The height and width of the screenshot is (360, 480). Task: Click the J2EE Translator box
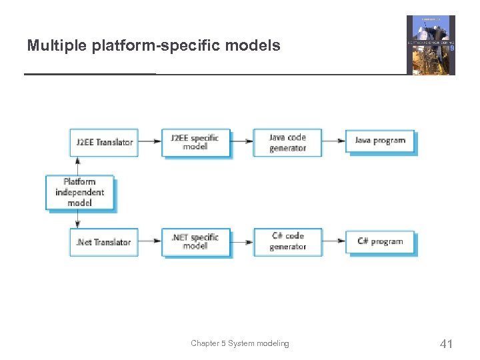tap(103, 142)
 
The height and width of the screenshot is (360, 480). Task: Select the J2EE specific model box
tap(195, 142)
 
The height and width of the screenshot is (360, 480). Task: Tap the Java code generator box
tap(287, 142)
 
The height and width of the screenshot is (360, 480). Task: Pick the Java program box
tap(379, 141)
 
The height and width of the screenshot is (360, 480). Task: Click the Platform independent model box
tap(79, 192)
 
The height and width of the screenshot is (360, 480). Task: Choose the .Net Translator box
tap(103, 242)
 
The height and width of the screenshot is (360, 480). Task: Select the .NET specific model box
tap(195, 241)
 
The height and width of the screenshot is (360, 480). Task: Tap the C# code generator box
tap(287, 241)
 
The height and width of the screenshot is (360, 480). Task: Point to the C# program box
tap(379, 241)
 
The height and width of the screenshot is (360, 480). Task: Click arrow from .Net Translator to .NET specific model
tap(150, 241)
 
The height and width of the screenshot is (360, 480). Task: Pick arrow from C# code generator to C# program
tap(334, 241)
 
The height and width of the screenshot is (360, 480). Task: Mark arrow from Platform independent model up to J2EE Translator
tap(79, 166)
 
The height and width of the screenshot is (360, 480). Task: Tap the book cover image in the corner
tap(431, 45)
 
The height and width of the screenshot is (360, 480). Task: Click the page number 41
tap(446, 344)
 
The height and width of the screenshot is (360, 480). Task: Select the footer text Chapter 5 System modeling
tap(240, 343)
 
